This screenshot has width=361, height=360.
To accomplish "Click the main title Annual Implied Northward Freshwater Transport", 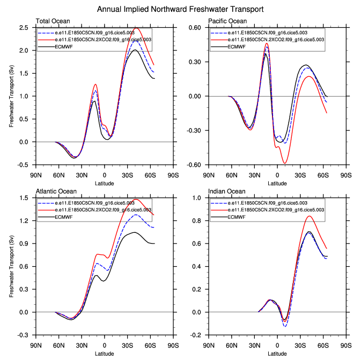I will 180,9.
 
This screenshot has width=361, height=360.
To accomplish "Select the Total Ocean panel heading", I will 51,21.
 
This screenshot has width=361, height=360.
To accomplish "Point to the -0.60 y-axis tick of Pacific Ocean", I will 198,165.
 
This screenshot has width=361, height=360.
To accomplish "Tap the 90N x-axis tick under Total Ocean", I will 36,174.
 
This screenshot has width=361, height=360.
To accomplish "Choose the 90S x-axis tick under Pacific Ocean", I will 345,174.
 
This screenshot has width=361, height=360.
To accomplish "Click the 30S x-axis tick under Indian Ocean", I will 300,344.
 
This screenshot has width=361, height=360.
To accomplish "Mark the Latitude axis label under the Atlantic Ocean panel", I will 104,353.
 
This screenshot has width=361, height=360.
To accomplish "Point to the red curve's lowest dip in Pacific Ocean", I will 285,163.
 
